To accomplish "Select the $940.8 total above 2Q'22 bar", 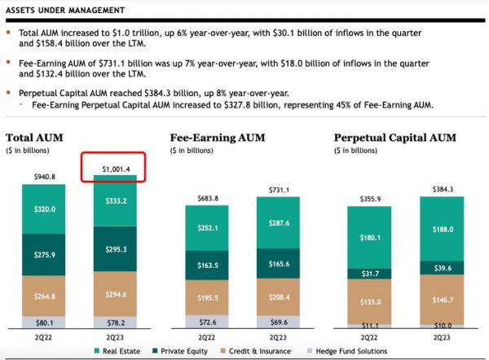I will click(x=44, y=177).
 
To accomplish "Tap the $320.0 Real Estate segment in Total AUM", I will click(x=44, y=209).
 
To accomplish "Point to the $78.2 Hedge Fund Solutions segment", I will click(x=114, y=322).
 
